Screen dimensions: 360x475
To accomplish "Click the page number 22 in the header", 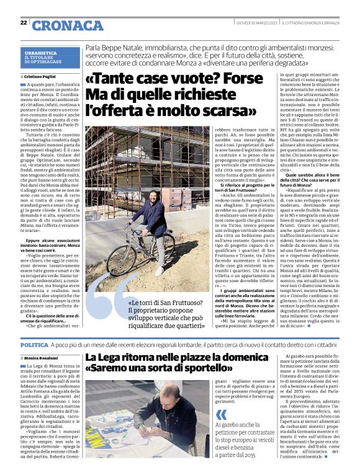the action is pyautogui.click(x=24, y=23).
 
